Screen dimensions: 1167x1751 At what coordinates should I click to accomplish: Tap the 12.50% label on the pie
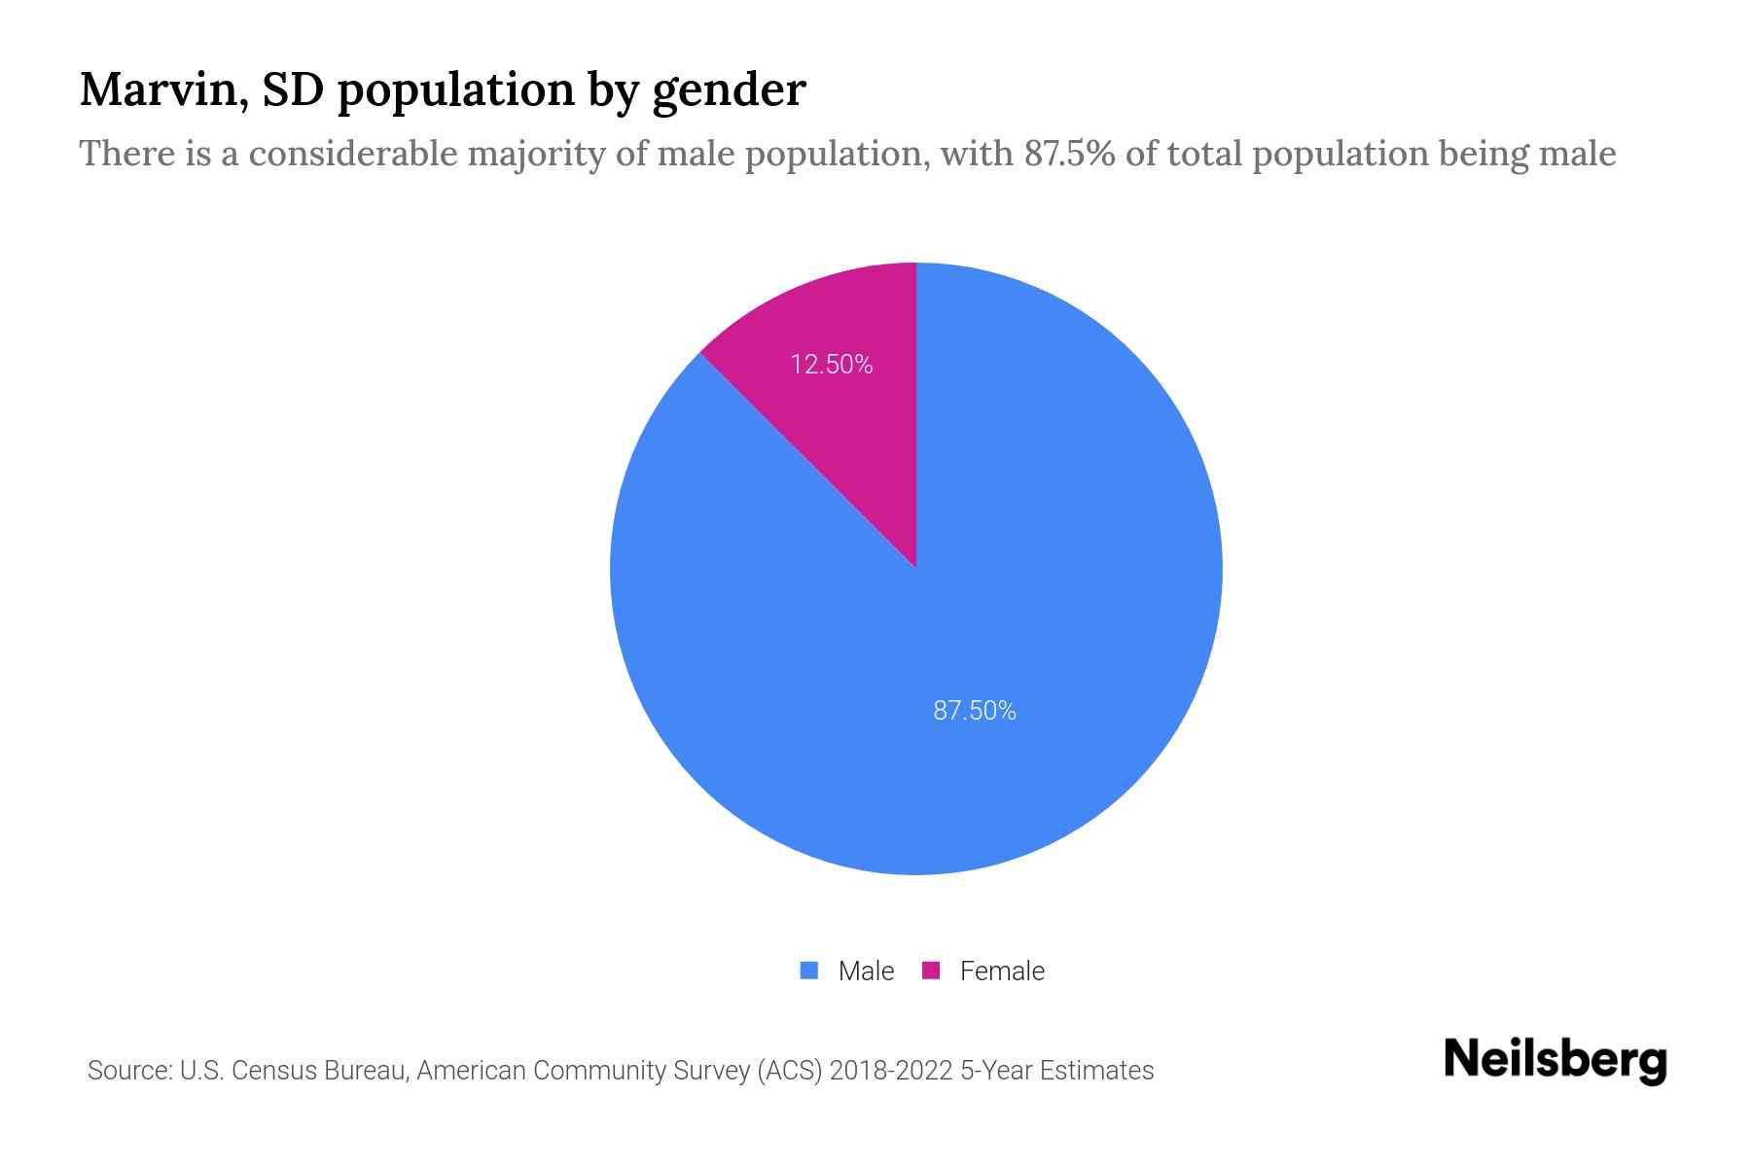(x=831, y=365)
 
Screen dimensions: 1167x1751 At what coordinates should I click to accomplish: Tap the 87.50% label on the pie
(x=974, y=711)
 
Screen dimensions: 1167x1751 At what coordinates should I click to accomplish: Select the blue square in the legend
(x=808, y=971)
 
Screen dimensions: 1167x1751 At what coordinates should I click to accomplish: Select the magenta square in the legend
(x=931, y=971)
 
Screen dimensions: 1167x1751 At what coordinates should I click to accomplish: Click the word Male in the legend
(x=866, y=971)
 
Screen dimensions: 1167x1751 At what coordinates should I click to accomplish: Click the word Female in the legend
(x=1002, y=971)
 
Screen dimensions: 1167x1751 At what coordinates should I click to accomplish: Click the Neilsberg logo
(x=1554, y=1060)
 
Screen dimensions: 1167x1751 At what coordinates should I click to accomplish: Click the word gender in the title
(x=729, y=91)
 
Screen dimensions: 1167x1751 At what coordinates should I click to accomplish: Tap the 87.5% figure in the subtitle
(x=1069, y=154)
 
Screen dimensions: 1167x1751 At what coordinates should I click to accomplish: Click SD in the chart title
(x=296, y=89)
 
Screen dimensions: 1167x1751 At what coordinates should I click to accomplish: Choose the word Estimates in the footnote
(x=1096, y=1071)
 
